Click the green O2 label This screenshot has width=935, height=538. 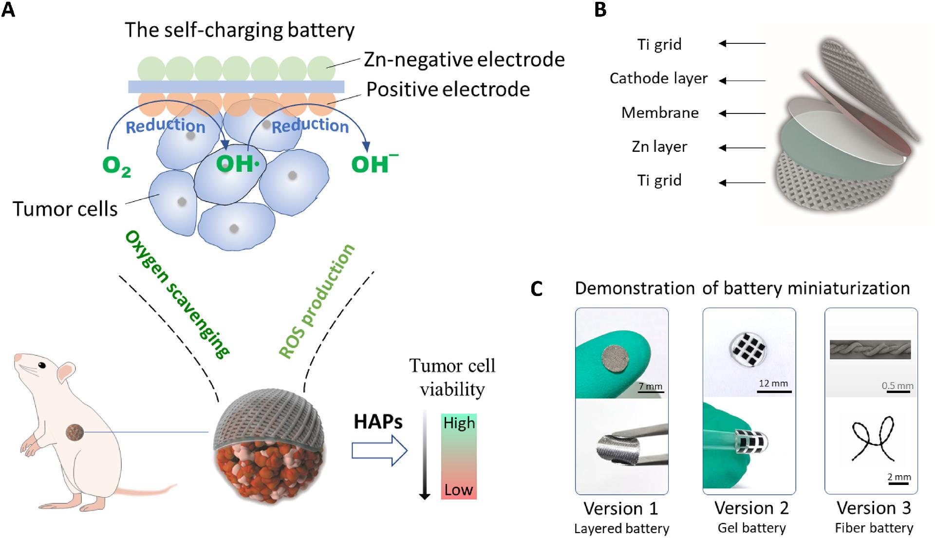pos(117,167)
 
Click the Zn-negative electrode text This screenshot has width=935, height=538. pos(464,60)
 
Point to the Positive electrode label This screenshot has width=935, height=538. pos(448,90)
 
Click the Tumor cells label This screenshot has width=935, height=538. pos(65,209)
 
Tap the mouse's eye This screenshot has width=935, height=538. pos(43,365)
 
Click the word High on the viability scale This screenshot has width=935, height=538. pos(459,423)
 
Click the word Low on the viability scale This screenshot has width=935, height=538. pos(458,489)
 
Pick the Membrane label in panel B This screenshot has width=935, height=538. pos(660,113)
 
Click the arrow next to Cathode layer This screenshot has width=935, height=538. pos(742,81)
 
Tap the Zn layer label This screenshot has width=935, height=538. pos(659,147)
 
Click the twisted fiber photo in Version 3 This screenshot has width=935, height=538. pos(870,350)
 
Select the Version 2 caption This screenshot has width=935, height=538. pos(751,508)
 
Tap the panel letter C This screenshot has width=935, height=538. pos(536,289)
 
